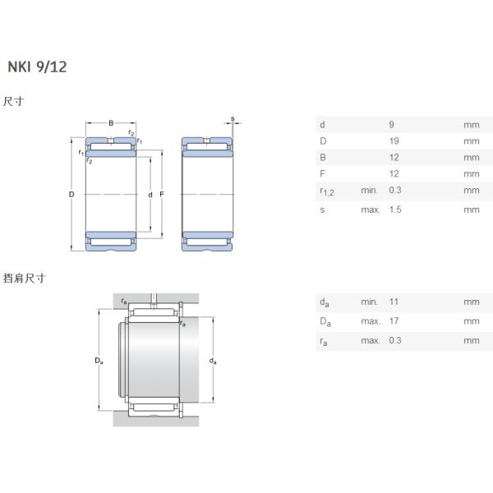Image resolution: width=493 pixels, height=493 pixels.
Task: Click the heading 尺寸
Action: pos(13,102)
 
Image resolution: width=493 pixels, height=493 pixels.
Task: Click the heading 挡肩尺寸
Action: pos(24,279)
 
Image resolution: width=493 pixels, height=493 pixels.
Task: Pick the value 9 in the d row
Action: pos(391,125)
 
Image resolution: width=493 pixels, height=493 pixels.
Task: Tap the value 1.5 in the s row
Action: pos(394,210)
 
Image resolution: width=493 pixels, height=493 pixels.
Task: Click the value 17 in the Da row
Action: pos(394,320)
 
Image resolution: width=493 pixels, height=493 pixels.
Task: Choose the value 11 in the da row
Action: pos(393,302)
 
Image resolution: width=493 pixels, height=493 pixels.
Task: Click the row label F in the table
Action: pos(321,174)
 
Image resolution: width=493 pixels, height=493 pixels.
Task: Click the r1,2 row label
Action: pos(325,191)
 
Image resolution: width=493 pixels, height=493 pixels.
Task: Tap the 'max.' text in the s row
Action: pos(370,210)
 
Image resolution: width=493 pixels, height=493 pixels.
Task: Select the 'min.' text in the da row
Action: pos(369,302)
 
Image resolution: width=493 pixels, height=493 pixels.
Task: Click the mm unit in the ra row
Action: pos(471,340)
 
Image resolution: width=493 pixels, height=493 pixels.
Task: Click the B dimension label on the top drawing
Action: pos(111,124)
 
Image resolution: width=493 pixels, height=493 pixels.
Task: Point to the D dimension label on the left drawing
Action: pos(71,195)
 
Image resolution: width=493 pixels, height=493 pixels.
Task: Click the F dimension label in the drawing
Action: pos(162,195)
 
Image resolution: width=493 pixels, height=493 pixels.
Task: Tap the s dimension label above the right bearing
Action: pos(232,119)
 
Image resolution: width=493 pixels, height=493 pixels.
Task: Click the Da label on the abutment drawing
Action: pos(99,361)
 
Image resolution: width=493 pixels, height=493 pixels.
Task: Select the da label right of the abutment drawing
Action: pos(213,361)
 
